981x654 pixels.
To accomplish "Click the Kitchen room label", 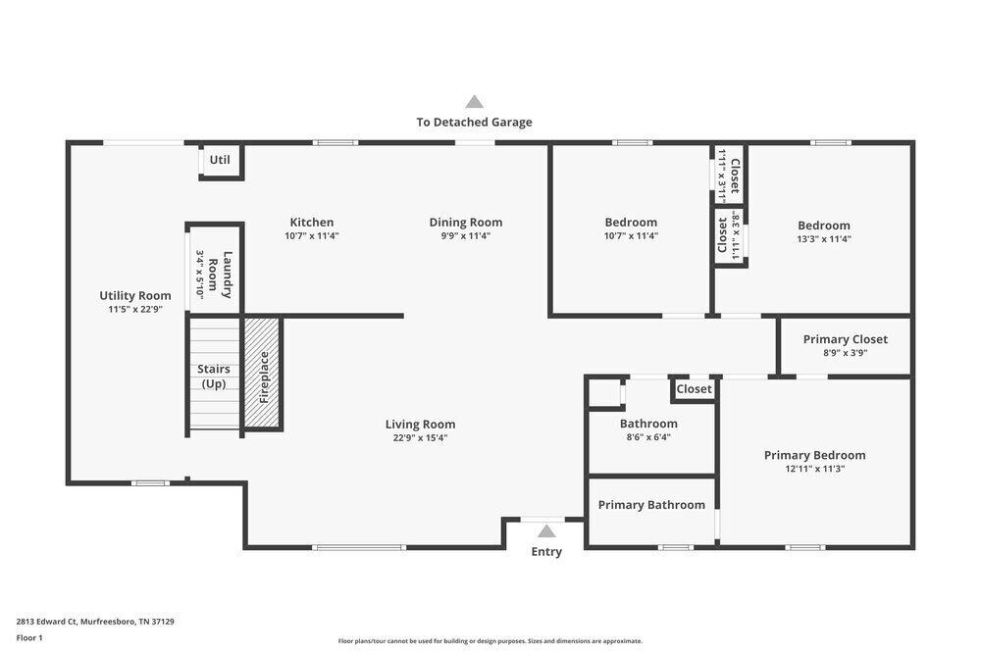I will coord(311,223).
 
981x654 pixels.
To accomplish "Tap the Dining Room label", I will coord(465,223).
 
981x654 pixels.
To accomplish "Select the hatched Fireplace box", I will coord(263,374).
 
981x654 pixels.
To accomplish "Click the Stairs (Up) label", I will coord(214,376).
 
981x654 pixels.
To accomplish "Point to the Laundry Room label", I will coord(221,274).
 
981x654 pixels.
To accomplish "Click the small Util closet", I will coord(220,160).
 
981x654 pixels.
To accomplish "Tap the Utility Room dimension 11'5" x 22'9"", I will coord(135,309).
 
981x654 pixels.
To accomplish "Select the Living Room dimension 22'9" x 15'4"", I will coord(420,438).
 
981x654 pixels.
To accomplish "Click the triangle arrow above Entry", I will coord(546,531).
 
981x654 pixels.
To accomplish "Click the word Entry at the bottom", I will coord(546,552).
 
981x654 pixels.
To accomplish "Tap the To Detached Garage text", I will coord(474,123).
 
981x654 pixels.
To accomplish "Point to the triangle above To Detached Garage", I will coord(474,101).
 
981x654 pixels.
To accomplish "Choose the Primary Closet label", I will coord(845,339).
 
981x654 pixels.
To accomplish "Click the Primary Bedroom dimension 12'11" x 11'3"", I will coord(814,469).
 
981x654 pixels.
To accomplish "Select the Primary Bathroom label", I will coord(651,505).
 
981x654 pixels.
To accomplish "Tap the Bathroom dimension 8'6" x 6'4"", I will coord(648,437).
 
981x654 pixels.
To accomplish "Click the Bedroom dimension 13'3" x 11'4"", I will coord(823,238).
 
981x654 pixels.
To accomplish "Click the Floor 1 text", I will coord(29,637).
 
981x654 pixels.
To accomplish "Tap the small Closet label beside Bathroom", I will coord(694,389).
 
